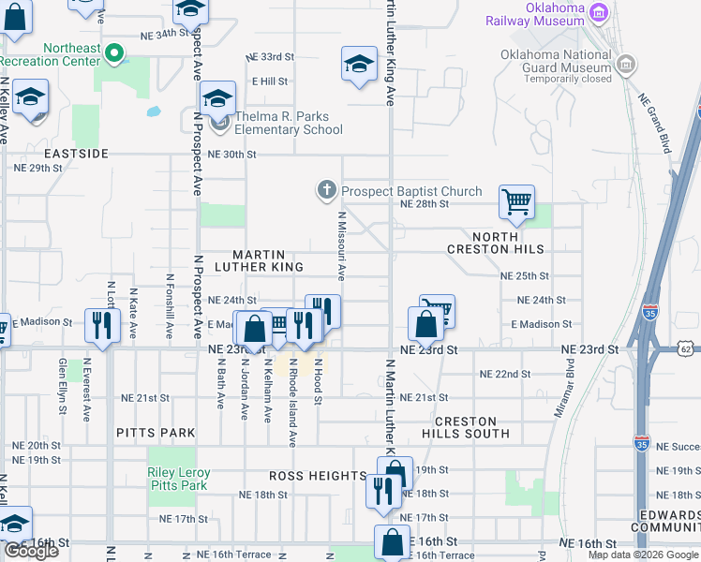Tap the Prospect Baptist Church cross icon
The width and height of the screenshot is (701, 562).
(x=327, y=191)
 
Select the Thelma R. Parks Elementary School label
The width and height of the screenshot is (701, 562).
(x=289, y=124)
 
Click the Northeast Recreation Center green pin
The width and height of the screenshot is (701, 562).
(x=115, y=53)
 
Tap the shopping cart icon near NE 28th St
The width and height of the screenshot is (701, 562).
(x=516, y=200)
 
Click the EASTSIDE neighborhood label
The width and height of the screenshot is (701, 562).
(x=76, y=153)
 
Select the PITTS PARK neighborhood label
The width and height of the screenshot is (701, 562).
(x=157, y=433)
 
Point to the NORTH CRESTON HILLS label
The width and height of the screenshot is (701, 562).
(x=496, y=243)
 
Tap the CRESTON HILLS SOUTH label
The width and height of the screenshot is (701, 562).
(x=472, y=427)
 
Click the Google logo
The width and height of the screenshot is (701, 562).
(x=31, y=551)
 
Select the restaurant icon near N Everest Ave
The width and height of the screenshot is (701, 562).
(x=100, y=325)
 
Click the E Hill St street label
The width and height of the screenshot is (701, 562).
(x=269, y=81)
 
